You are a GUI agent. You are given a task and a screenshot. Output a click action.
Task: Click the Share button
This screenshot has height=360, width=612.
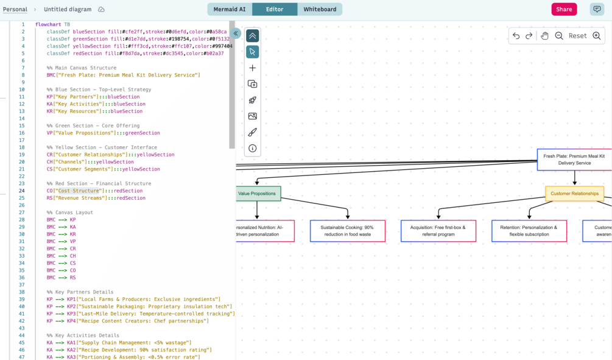point(564,9)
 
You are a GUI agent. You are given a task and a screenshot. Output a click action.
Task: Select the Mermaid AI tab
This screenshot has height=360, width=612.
point(230,9)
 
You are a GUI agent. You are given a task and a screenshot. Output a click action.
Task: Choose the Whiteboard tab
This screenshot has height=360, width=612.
point(320,9)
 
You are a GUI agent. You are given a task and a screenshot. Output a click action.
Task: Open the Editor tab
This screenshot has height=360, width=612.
point(275,9)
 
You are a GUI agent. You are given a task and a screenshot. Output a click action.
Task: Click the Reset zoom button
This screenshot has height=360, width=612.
point(577,36)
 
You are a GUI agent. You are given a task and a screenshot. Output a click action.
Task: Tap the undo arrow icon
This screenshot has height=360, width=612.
point(516,36)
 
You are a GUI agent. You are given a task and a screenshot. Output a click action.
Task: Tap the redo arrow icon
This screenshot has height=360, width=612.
point(529,36)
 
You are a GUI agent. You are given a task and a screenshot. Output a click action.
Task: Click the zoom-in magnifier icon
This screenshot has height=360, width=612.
point(597,36)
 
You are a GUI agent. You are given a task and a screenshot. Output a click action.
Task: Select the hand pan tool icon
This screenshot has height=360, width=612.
point(544,36)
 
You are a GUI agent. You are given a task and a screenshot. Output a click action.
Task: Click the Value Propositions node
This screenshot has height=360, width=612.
point(258,194)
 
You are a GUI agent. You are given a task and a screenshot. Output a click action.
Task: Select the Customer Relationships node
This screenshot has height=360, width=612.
point(574,194)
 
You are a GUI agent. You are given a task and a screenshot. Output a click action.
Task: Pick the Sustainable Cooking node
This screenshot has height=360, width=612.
point(347,231)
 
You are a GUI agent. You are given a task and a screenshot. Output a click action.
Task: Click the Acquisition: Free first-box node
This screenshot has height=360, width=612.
point(438,231)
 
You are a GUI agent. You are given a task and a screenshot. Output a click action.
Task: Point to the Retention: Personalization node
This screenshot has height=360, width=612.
point(529,231)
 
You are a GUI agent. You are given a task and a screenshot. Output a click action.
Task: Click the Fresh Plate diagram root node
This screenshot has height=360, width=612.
point(574,160)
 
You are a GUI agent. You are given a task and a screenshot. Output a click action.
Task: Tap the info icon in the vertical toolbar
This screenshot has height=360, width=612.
point(253,148)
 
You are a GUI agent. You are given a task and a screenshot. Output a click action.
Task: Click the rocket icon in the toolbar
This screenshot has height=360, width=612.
point(253,100)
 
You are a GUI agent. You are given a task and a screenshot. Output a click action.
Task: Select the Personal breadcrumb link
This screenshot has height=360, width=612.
point(15,9)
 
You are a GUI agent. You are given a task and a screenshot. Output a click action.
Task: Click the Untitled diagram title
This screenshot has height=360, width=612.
point(68,9)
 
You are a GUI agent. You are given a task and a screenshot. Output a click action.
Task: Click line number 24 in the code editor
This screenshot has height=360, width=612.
point(22,191)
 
